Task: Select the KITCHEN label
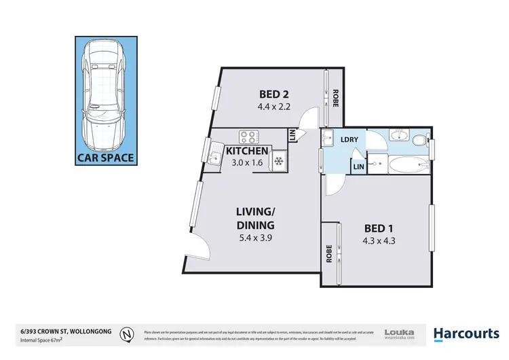click(x=248, y=151)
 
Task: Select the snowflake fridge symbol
click(x=278, y=161)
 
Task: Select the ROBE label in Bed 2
click(x=335, y=98)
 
